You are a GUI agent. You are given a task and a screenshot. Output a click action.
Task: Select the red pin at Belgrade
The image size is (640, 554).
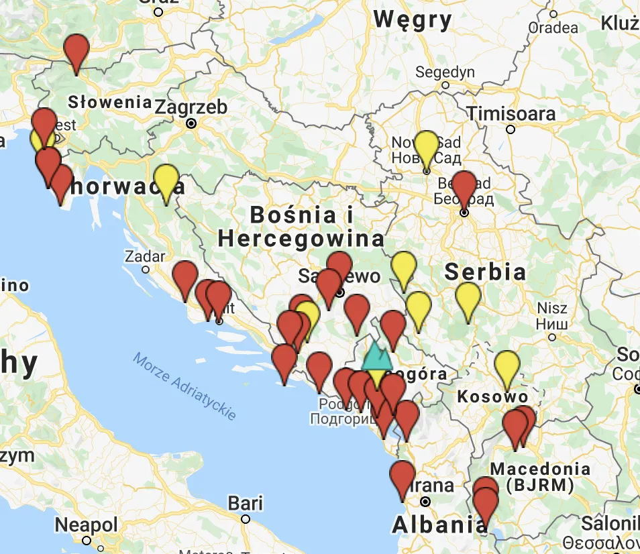coord(464,187)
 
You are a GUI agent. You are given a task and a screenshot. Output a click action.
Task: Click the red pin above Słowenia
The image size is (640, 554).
coord(76,51)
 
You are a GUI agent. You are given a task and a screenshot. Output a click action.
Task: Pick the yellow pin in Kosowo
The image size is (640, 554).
coord(507,367)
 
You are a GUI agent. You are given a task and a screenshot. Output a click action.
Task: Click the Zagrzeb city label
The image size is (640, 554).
coord(191,107)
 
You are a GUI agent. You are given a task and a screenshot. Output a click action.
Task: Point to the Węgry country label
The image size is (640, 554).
coord(413,20)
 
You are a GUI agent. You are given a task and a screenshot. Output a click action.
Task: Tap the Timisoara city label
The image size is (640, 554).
coord(511,113)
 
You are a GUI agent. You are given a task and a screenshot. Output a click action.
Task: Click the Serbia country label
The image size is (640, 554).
coord(485,272)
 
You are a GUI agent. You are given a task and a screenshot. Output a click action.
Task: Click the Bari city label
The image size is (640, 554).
coord(245,503)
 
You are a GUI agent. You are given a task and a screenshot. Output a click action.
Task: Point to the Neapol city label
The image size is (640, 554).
coord(86,524)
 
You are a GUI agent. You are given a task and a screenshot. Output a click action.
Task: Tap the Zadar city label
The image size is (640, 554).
coord(145,256)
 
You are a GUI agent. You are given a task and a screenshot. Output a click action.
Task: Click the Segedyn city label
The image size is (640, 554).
coord(445,72)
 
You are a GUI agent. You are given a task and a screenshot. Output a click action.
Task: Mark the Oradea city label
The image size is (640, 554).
coord(553,27)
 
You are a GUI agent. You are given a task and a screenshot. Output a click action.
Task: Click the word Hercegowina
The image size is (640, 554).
coord(301,238)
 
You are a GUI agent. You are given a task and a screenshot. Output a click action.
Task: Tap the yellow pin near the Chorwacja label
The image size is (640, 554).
coord(166,180)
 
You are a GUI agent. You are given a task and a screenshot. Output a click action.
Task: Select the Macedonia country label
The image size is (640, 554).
coord(540,469)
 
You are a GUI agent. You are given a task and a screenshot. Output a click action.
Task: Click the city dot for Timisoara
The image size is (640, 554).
coord(511,129)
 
